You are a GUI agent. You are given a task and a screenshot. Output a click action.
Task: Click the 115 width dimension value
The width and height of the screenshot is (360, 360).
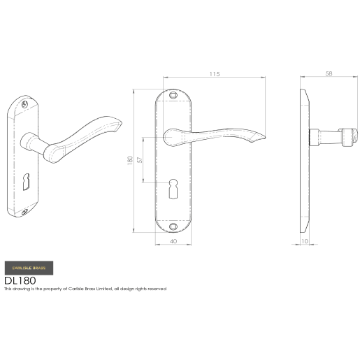tap(213, 73)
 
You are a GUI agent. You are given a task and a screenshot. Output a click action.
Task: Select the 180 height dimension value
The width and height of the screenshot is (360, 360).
tap(130, 160)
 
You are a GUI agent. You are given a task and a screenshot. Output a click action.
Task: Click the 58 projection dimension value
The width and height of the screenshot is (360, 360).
tap(329, 73)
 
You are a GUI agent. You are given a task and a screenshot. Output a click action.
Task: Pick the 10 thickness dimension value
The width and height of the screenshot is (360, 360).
tap(304, 242)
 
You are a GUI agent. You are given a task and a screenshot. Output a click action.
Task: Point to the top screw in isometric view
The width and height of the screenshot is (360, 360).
tap(27, 102)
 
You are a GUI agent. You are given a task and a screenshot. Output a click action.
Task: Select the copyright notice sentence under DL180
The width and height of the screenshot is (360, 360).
tap(85, 288)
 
